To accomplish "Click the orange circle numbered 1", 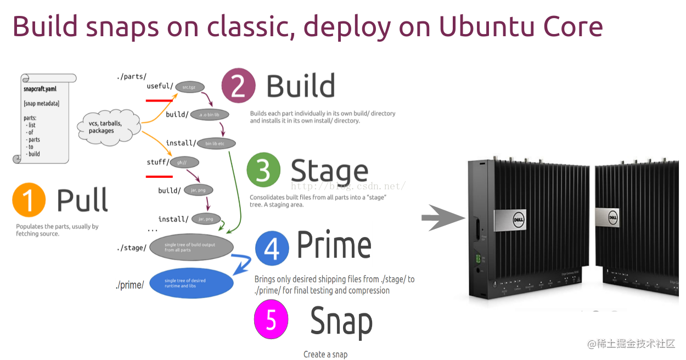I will tap(29, 201).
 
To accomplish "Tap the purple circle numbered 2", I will tap(238, 86).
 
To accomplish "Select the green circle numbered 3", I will tap(263, 171).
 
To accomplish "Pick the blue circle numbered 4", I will tap(272, 248).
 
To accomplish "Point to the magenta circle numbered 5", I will tap(271, 319).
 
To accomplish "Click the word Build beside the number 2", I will tap(300, 86).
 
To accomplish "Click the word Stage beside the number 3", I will tap(329, 171).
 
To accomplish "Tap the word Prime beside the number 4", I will tap(334, 246).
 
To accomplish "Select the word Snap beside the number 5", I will tap(341, 321).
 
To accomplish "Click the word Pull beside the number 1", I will tap(82, 200).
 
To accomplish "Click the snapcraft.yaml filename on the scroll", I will tap(40, 88).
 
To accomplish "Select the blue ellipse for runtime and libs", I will tap(192, 283).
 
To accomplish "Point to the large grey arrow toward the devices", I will tap(442, 218).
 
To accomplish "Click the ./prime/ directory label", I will tap(130, 285).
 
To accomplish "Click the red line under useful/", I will tap(159, 100).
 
